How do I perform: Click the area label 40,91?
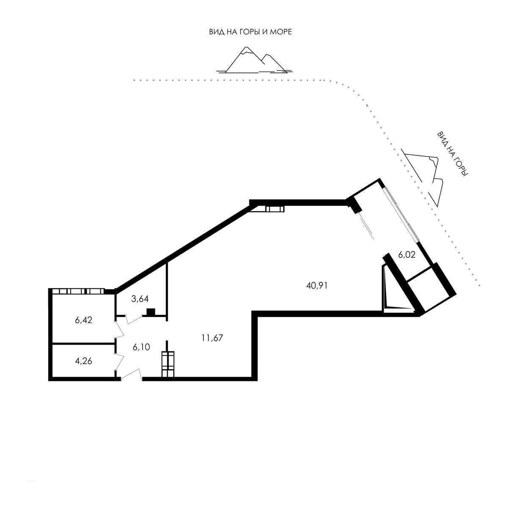[317, 285]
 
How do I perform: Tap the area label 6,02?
[406, 255]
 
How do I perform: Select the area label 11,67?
[212, 338]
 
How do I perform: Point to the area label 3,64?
[140, 299]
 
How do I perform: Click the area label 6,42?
[83, 320]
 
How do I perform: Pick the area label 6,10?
[141, 347]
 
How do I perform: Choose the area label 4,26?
[83, 361]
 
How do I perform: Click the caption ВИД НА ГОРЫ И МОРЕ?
[251, 32]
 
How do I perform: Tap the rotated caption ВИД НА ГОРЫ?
[453, 154]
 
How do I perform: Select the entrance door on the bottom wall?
[132, 375]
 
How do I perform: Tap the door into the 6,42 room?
[119, 329]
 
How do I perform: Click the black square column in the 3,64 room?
[151, 312]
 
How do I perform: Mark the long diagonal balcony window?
[401, 214]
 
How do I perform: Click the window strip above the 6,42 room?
[78, 291]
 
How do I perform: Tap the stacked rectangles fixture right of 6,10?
[168, 364]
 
